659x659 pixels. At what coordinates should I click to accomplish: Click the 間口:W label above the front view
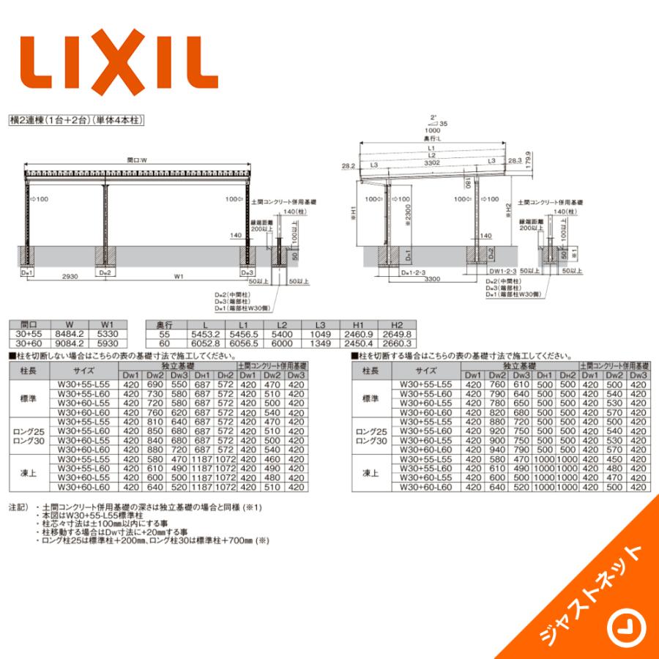tap(136, 159)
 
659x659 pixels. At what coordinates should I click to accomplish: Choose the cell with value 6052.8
tap(205, 343)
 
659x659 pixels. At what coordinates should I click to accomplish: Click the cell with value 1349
tap(321, 343)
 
